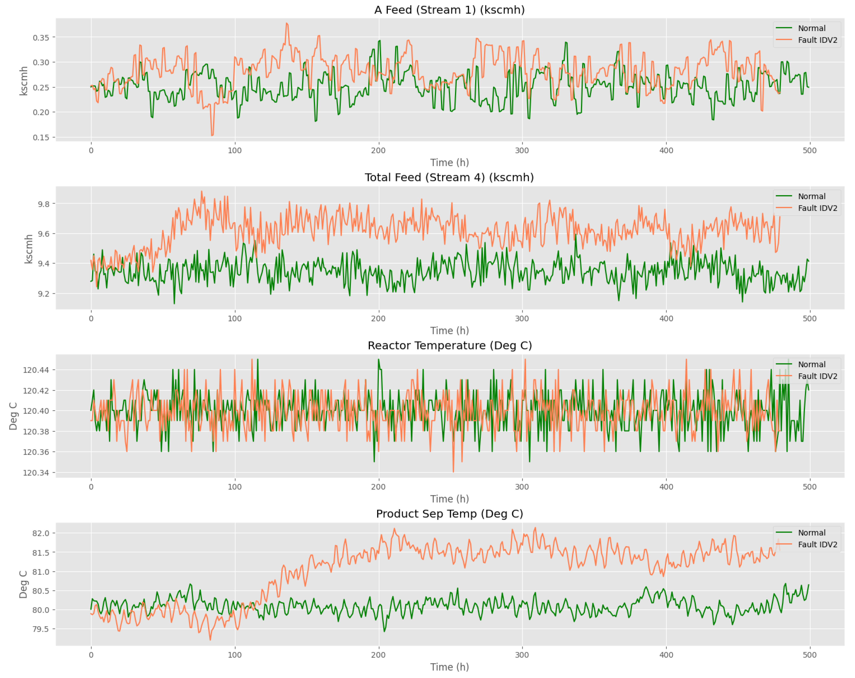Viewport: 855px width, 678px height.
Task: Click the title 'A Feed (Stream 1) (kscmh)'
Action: point(449,10)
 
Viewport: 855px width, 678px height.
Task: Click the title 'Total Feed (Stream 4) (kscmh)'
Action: point(449,178)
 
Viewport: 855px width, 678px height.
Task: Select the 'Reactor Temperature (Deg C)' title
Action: point(449,346)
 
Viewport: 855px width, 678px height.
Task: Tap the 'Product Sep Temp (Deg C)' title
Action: point(449,514)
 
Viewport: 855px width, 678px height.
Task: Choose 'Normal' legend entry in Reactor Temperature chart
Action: point(811,365)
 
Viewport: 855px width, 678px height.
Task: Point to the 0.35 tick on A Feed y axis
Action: point(41,38)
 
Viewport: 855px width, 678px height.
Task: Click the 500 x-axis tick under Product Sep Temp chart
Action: point(809,655)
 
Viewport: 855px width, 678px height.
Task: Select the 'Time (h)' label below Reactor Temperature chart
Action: point(449,499)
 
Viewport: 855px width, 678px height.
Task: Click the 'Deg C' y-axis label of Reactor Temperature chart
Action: point(13,416)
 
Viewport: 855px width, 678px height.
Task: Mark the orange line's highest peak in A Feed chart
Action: point(286,23)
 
